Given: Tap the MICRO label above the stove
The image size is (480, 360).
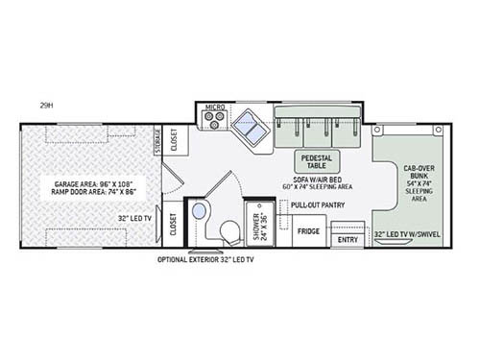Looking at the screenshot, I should (x=214, y=107).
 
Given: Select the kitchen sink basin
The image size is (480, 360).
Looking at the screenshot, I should (x=252, y=125).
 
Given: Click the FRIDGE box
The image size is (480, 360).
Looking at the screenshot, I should (x=307, y=231).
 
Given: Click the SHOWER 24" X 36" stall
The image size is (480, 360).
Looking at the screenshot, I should (x=258, y=223).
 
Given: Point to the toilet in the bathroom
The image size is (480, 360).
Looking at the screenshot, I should (x=230, y=231).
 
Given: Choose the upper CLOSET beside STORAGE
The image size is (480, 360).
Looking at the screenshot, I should (x=174, y=141).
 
